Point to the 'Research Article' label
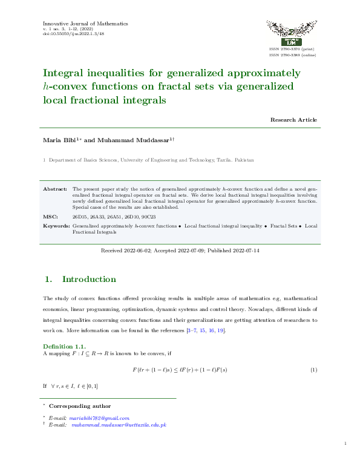293,120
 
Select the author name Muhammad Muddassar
133,140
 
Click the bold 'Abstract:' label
55,189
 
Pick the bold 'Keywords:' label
56,226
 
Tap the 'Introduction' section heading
89,279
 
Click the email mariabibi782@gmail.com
100,418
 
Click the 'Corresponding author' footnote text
80,406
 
